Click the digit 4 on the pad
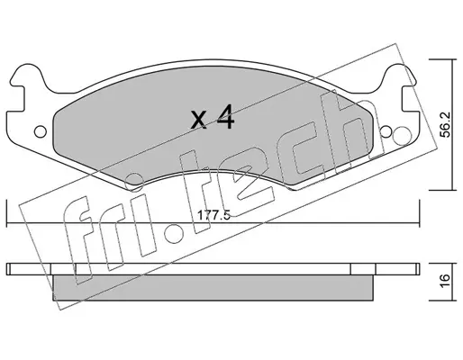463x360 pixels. tap(225, 117)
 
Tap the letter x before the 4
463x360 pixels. tap(199, 121)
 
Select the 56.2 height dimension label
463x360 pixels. tap(446, 124)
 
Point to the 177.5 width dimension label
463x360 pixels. tap(213, 215)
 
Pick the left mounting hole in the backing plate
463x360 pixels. tap(41, 131)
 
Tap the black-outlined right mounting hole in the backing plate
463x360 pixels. tap(386, 131)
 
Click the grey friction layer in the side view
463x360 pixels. tap(213, 287)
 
